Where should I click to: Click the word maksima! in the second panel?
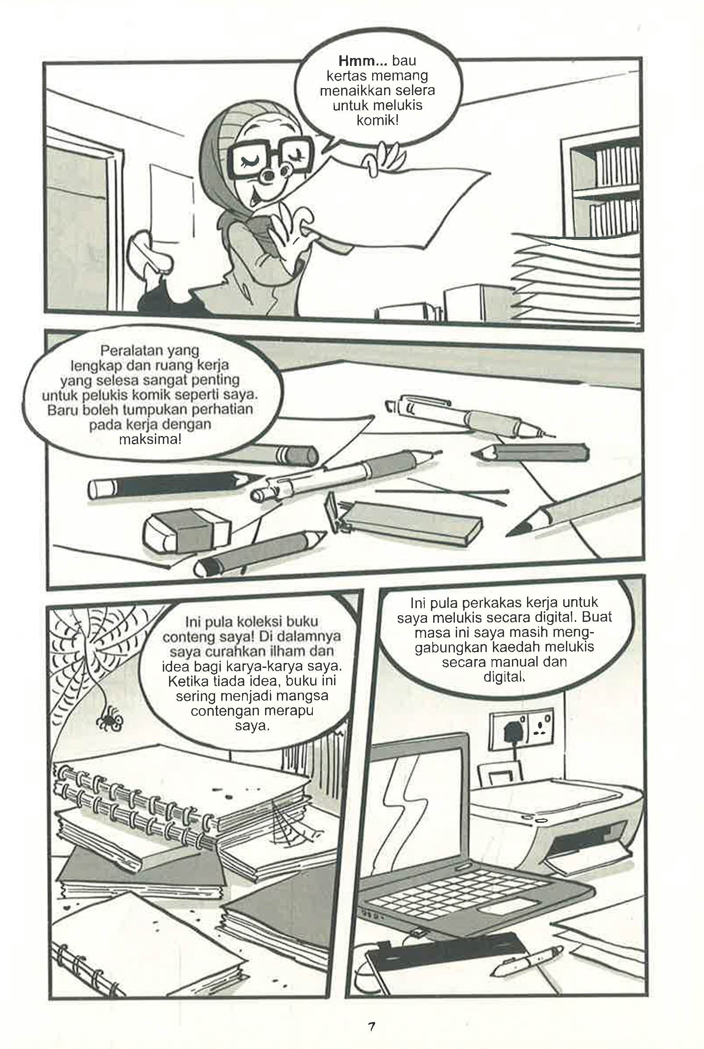pyautogui.click(x=150, y=439)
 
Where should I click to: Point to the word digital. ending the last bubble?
pyautogui.click(x=504, y=676)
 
